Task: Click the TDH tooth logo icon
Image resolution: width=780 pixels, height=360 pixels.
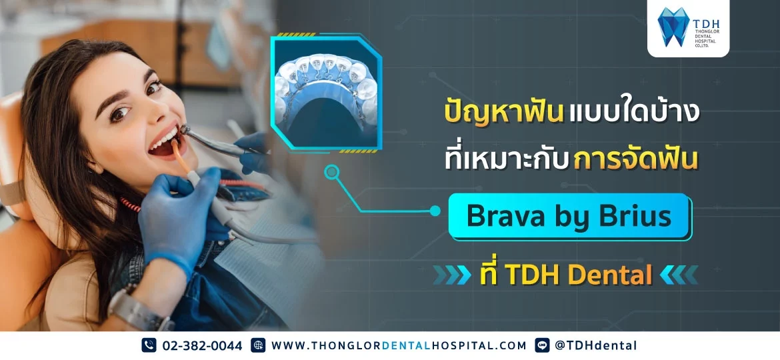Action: click(x=673, y=27)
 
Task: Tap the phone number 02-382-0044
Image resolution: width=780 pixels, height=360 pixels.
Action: click(x=203, y=345)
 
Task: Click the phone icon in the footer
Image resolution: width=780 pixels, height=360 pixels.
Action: click(x=149, y=345)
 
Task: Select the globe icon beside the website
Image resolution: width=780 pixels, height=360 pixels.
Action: click(x=258, y=345)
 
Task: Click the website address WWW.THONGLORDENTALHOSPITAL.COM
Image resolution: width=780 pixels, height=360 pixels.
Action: click(x=399, y=345)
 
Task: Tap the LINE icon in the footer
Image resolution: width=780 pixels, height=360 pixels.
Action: click(x=542, y=345)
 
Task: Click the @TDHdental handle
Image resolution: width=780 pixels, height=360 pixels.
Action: click(x=596, y=345)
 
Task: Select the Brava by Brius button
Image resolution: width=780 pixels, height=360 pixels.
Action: click(x=569, y=217)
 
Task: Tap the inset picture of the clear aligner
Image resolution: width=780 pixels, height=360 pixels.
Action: click(x=326, y=92)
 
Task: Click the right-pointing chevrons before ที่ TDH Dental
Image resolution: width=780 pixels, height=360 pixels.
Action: click(x=452, y=275)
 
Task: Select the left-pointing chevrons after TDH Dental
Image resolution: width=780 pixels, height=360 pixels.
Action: click(x=679, y=275)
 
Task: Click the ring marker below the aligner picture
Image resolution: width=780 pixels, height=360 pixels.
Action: click(x=332, y=173)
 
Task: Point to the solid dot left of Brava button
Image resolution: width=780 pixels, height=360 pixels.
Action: click(x=435, y=211)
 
